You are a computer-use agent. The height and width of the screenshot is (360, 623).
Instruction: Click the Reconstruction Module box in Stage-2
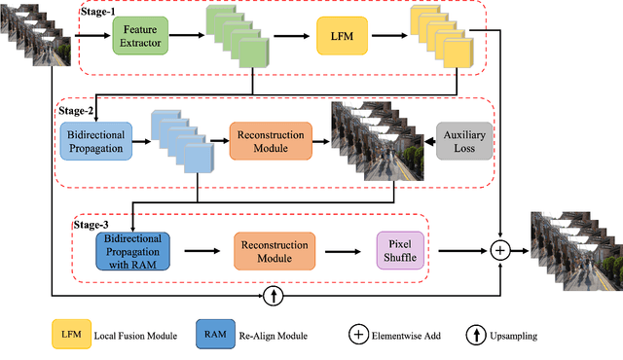[x=270, y=140]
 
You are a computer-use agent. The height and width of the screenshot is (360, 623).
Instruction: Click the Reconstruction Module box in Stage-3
[x=274, y=250]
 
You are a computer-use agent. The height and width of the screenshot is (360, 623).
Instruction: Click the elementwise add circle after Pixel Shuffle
[x=499, y=250]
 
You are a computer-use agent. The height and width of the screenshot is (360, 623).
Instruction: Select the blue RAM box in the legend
[x=214, y=336]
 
